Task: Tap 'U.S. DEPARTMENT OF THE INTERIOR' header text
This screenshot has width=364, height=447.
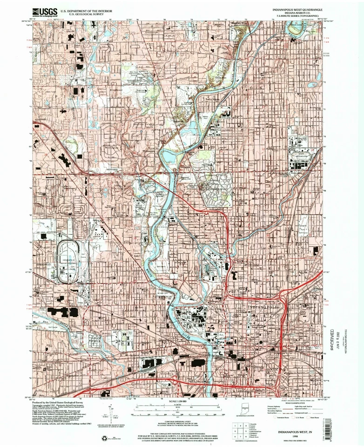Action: pyautogui.click(x=77, y=9)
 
